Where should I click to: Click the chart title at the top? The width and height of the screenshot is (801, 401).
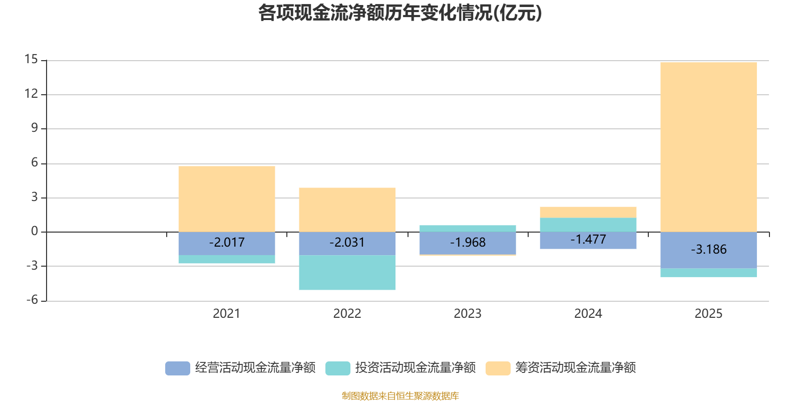pyautogui.click(x=400, y=14)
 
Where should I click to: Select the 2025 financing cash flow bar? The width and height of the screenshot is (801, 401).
pyautogui.click(x=708, y=147)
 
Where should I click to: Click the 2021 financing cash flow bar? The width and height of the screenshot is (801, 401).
pyautogui.click(x=227, y=198)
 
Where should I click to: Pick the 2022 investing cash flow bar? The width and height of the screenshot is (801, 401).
pyautogui.click(x=347, y=273)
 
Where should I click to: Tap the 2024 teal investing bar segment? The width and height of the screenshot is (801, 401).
pyautogui.click(x=588, y=225)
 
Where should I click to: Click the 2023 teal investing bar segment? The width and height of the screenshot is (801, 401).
pyautogui.click(x=468, y=229)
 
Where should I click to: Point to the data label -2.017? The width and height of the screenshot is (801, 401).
pyautogui.click(x=227, y=243)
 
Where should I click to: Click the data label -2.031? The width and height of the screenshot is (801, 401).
pyautogui.click(x=347, y=243)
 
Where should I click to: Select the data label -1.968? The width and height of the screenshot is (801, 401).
pyautogui.click(x=468, y=243)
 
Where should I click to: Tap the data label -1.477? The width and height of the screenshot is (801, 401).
pyautogui.click(x=588, y=240)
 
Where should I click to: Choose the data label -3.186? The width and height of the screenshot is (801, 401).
pyautogui.click(x=708, y=250)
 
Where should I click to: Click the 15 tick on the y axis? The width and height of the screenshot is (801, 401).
pyautogui.click(x=31, y=60)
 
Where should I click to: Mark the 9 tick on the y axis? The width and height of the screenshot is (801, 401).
pyautogui.click(x=34, y=128)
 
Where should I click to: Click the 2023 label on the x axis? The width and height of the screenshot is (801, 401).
pyautogui.click(x=468, y=314)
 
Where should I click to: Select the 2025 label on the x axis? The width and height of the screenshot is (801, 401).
pyautogui.click(x=708, y=314)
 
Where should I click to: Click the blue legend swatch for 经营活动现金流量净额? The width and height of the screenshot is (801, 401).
pyautogui.click(x=178, y=368)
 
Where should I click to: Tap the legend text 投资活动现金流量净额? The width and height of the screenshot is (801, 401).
pyautogui.click(x=416, y=368)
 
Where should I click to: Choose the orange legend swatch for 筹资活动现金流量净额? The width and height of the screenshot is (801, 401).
pyautogui.click(x=498, y=368)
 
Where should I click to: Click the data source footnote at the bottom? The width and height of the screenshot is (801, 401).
pyautogui.click(x=400, y=396)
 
